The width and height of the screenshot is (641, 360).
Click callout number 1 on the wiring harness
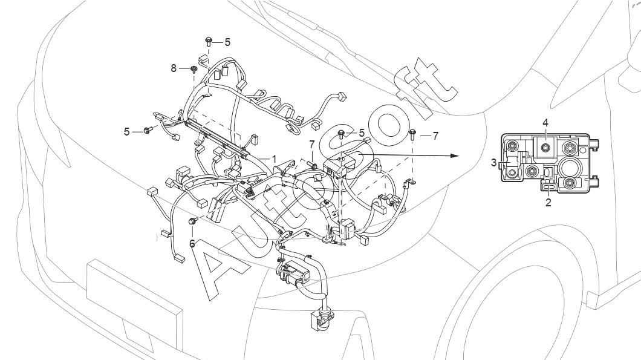point(275,159)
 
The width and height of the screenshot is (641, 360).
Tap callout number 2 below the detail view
point(548,202)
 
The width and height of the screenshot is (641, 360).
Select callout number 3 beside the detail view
point(494,163)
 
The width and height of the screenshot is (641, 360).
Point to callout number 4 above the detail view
point(545,122)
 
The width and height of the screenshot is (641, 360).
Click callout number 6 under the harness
point(192,243)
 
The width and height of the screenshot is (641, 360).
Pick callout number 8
point(174,68)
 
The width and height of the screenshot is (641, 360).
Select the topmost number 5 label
point(227,42)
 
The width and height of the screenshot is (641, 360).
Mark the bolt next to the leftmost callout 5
point(148,130)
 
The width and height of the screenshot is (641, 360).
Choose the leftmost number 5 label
point(127,132)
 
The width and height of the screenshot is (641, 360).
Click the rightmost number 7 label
point(435,136)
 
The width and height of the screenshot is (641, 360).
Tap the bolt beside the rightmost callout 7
point(412,134)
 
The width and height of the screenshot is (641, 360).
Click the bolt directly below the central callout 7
point(313,166)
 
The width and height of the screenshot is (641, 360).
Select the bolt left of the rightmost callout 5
point(341,134)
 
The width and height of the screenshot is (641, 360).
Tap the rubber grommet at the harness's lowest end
point(321,321)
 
